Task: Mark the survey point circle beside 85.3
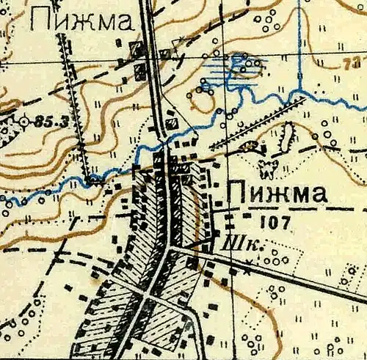pyautogui.click(x=24, y=120)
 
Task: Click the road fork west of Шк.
pyautogui.click(x=171, y=249)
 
